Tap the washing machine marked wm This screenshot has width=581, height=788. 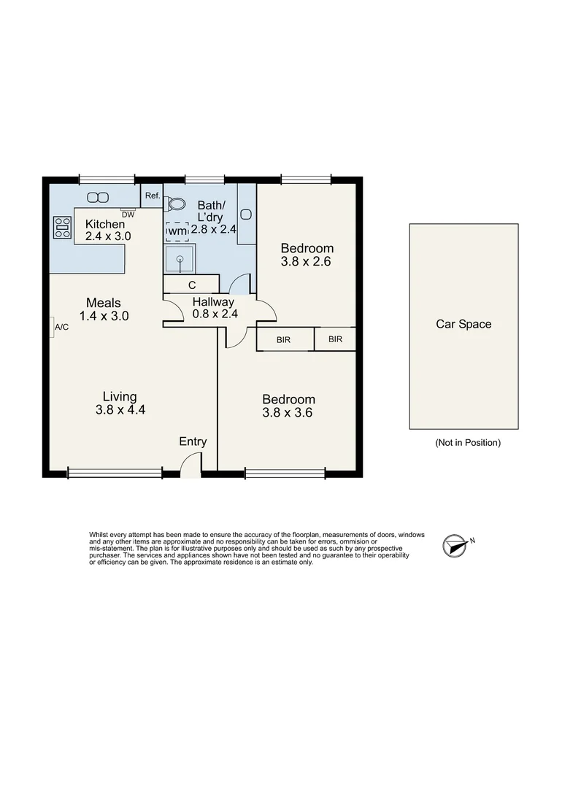177,231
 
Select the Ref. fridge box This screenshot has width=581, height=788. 152,196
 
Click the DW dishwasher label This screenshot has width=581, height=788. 128,215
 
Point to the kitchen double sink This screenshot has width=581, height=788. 97,197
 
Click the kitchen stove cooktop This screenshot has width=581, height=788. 62,228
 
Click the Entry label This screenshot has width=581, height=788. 193,441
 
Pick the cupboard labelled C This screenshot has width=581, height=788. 191,285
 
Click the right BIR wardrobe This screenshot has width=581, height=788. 335,339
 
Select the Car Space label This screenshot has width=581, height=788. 463,324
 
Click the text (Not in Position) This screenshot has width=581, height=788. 467,442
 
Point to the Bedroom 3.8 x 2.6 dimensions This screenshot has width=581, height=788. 307,261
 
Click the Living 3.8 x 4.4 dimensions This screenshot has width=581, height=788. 120,410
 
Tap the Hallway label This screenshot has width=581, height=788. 213,302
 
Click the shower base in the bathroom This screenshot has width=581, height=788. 179,258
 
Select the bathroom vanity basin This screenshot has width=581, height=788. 246,214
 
